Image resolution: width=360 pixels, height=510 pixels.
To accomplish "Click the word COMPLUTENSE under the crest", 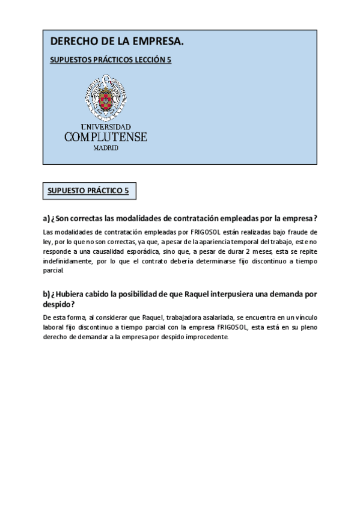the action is (x=106, y=137).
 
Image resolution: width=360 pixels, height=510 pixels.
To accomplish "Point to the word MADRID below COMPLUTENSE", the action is (x=106, y=147).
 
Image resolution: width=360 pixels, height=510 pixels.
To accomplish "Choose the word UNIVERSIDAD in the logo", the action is (x=106, y=127).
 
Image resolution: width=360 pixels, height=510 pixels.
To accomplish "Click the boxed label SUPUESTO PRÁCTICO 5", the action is (x=88, y=191).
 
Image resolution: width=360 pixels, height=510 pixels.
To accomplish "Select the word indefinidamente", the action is (x=72, y=262).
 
